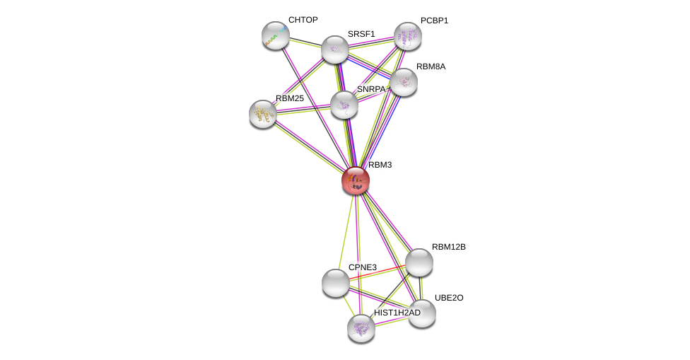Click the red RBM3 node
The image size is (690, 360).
coord(355,180)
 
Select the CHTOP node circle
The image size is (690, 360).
coord(275,35)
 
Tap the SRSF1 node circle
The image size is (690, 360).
coord(335,50)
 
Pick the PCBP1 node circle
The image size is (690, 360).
coord(408,36)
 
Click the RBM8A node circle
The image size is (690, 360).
coord(404,82)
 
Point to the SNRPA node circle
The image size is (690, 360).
coord(344,105)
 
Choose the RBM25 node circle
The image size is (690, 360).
coord(262,113)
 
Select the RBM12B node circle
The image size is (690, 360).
coord(419,262)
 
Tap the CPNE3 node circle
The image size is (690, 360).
coord(335,282)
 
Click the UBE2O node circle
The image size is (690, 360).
coord(422,313)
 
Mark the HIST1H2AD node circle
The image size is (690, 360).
coord(361,327)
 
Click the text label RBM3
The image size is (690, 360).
coord(380,165)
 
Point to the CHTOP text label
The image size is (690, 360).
coord(303,20)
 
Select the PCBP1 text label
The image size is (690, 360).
coord(434,21)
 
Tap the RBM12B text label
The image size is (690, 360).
coord(449,247)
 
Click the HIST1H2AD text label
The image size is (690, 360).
coord(397,313)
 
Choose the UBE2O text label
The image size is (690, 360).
coord(449,298)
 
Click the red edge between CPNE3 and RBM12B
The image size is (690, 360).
coord(377,272)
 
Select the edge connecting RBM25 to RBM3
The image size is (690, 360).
coord(308,146)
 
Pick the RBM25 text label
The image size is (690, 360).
coord(289,98)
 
